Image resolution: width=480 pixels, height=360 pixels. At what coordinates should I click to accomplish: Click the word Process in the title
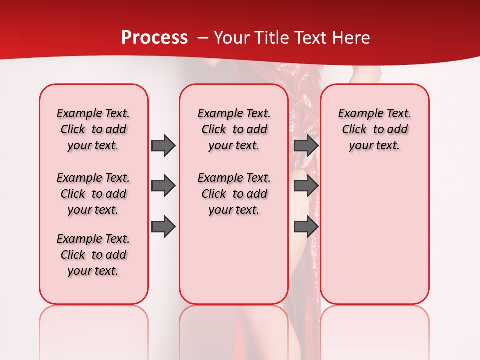click(x=154, y=38)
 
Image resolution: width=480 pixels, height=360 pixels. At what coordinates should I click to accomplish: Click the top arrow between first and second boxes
click(x=163, y=145)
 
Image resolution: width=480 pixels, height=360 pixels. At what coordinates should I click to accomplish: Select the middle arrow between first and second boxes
click(x=163, y=186)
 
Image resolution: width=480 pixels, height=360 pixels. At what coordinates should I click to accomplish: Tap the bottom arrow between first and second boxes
click(x=163, y=226)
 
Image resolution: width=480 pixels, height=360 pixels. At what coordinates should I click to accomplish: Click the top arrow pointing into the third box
click(x=306, y=145)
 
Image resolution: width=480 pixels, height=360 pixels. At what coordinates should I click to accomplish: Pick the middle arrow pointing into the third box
click(x=306, y=186)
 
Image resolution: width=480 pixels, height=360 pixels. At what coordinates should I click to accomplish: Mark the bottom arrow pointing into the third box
click(x=306, y=226)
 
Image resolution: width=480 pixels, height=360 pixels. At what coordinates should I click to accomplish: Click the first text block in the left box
click(x=93, y=129)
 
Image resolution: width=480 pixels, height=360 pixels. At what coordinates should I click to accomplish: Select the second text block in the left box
click(x=93, y=194)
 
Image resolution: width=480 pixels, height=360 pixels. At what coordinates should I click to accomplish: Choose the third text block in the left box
click(x=93, y=255)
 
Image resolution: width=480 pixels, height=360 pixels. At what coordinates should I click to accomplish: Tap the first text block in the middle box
click(x=234, y=129)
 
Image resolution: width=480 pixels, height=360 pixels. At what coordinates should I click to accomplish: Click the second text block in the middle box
click(x=234, y=194)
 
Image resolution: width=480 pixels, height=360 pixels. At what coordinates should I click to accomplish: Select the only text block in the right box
click(x=374, y=129)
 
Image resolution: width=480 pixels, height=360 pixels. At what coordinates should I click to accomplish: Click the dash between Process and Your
click(x=203, y=38)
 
